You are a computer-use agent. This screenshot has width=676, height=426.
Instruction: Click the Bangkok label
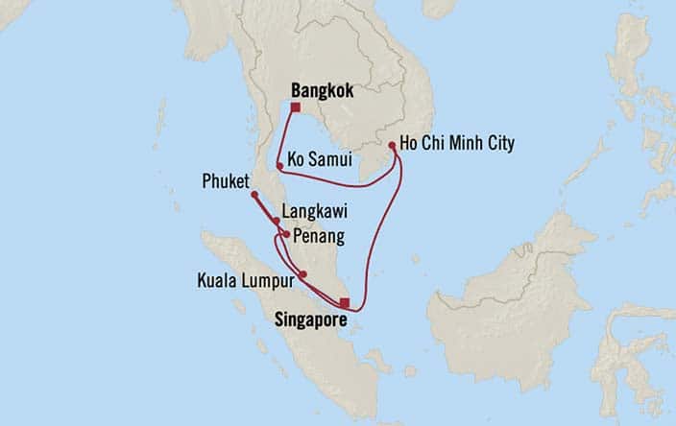(x=322, y=91)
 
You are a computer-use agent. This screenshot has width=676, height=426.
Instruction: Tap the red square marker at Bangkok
(x=295, y=108)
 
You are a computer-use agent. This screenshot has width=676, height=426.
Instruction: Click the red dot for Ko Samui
(x=279, y=166)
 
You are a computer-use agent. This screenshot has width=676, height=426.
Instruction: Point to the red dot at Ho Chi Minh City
(x=393, y=146)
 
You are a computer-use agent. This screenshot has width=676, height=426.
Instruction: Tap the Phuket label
(x=226, y=180)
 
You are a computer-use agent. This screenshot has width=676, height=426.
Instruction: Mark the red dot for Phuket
(x=254, y=195)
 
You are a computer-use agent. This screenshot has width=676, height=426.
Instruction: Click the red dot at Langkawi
(x=277, y=221)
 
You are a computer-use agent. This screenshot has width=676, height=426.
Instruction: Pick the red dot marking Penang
(x=285, y=233)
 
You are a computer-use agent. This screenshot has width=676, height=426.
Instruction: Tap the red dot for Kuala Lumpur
(x=302, y=274)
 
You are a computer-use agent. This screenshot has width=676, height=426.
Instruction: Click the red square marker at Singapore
(x=345, y=302)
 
